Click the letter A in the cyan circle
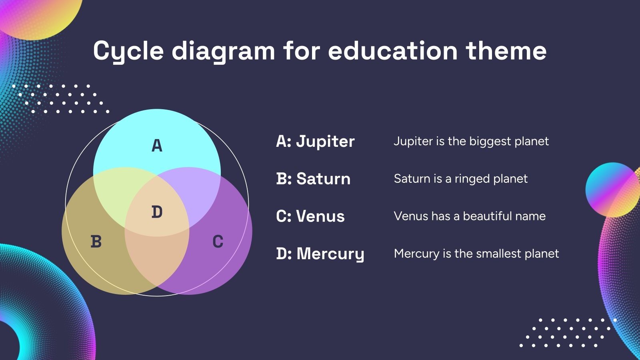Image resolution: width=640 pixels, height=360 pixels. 157,145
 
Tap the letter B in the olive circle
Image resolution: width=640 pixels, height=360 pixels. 96,242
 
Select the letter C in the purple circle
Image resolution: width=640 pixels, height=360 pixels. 218,242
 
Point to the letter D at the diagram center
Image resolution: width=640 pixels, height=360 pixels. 157,212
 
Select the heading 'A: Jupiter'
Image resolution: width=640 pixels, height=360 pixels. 315,141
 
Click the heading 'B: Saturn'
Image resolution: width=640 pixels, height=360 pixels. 313,179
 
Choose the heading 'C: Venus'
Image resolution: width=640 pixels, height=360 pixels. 310,216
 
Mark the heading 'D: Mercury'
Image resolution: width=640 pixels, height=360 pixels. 320,254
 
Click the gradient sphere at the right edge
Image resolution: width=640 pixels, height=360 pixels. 612,190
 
